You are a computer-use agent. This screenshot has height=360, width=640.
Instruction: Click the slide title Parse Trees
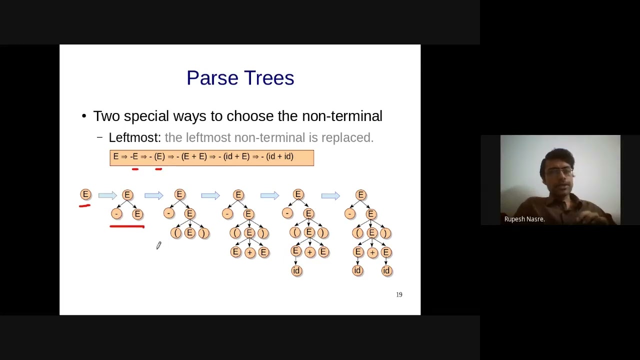[x=240, y=78]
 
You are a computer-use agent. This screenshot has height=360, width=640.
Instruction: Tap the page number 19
[x=399, y=295]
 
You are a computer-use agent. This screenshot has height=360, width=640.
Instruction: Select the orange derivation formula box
[x=211, y=157]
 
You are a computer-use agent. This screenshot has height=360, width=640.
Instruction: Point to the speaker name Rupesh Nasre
[x=524, y=219]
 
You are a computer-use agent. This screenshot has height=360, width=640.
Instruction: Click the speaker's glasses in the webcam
[x=559, y=171]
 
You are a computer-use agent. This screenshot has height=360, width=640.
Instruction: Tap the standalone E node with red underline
[x=85, y=194]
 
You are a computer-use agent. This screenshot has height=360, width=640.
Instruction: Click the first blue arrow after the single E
[x=107, y=195]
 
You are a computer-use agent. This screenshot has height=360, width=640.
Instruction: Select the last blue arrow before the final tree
[x=330, y=195]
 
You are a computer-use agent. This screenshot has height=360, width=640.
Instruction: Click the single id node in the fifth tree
[x=296, y=271]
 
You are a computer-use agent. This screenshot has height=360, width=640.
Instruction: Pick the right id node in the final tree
[x=386, y=271]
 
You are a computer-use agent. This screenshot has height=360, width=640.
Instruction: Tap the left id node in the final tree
[x=357, y=271]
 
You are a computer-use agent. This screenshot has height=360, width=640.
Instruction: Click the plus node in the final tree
[x=372, y=252]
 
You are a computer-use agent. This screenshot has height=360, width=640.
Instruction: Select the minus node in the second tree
[x=116, y=214]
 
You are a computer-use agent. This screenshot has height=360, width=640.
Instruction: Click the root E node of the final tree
[x=361, y=195]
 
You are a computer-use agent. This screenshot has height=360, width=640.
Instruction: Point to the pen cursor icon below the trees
[x=158, y=245]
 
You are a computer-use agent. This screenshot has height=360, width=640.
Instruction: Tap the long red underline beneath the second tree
[x=127, y=226]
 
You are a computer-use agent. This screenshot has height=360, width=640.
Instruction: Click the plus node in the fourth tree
[x=249, y=252]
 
